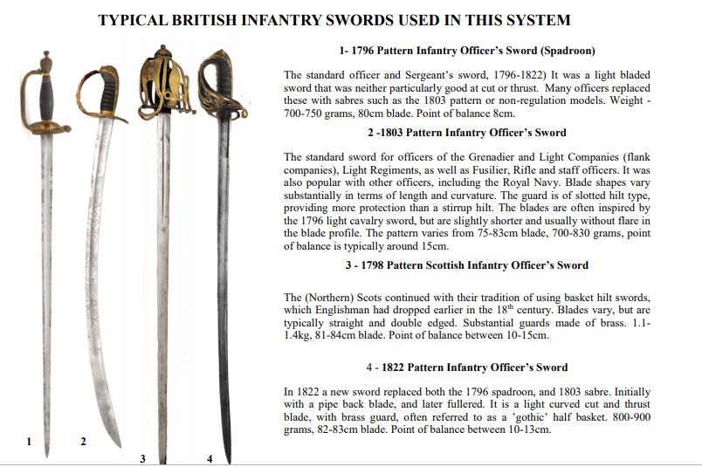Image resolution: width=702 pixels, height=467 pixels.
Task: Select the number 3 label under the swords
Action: point(142,458)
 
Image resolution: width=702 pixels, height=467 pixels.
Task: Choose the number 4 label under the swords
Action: point(209,458)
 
